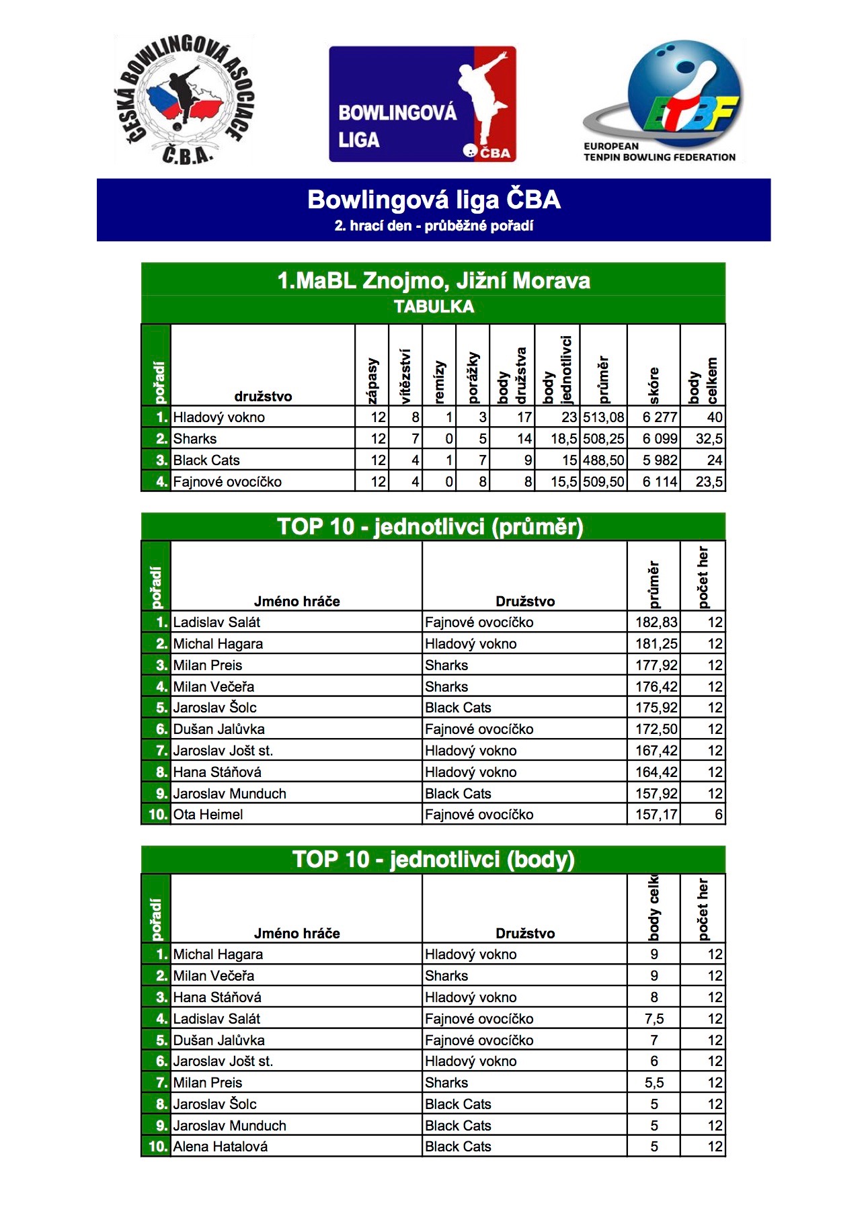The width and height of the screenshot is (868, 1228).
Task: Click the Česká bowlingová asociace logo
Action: tap(184, 99)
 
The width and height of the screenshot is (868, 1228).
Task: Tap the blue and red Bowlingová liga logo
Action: tap(422, 104)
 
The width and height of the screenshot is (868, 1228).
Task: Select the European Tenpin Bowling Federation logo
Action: tap(663, 101)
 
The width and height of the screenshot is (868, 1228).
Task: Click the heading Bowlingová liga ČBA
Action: tap(434, 200)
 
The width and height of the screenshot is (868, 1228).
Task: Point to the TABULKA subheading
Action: tap(434, 307)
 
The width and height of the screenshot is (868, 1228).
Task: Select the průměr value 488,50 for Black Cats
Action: tap(603, 460)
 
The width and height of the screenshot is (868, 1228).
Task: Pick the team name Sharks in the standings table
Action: tap(195, 439)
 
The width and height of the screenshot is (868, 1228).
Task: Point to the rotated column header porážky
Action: tap(473, 376)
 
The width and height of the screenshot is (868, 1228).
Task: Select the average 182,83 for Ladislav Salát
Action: tap(656, 622)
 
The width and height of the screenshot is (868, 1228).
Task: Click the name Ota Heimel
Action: tap(208, 815)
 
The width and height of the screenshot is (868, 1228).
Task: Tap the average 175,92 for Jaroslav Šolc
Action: tap(656, 708)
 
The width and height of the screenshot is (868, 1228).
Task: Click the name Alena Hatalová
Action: tap(220, 1147)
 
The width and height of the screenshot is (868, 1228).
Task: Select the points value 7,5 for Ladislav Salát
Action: tap(654, 1019)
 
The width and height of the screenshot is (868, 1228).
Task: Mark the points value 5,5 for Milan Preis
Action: tap(654, 1083)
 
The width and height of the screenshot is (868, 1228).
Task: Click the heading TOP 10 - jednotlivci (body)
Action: tap(434, 860)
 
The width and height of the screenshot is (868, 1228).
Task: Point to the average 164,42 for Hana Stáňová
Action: tap(656, 772)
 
